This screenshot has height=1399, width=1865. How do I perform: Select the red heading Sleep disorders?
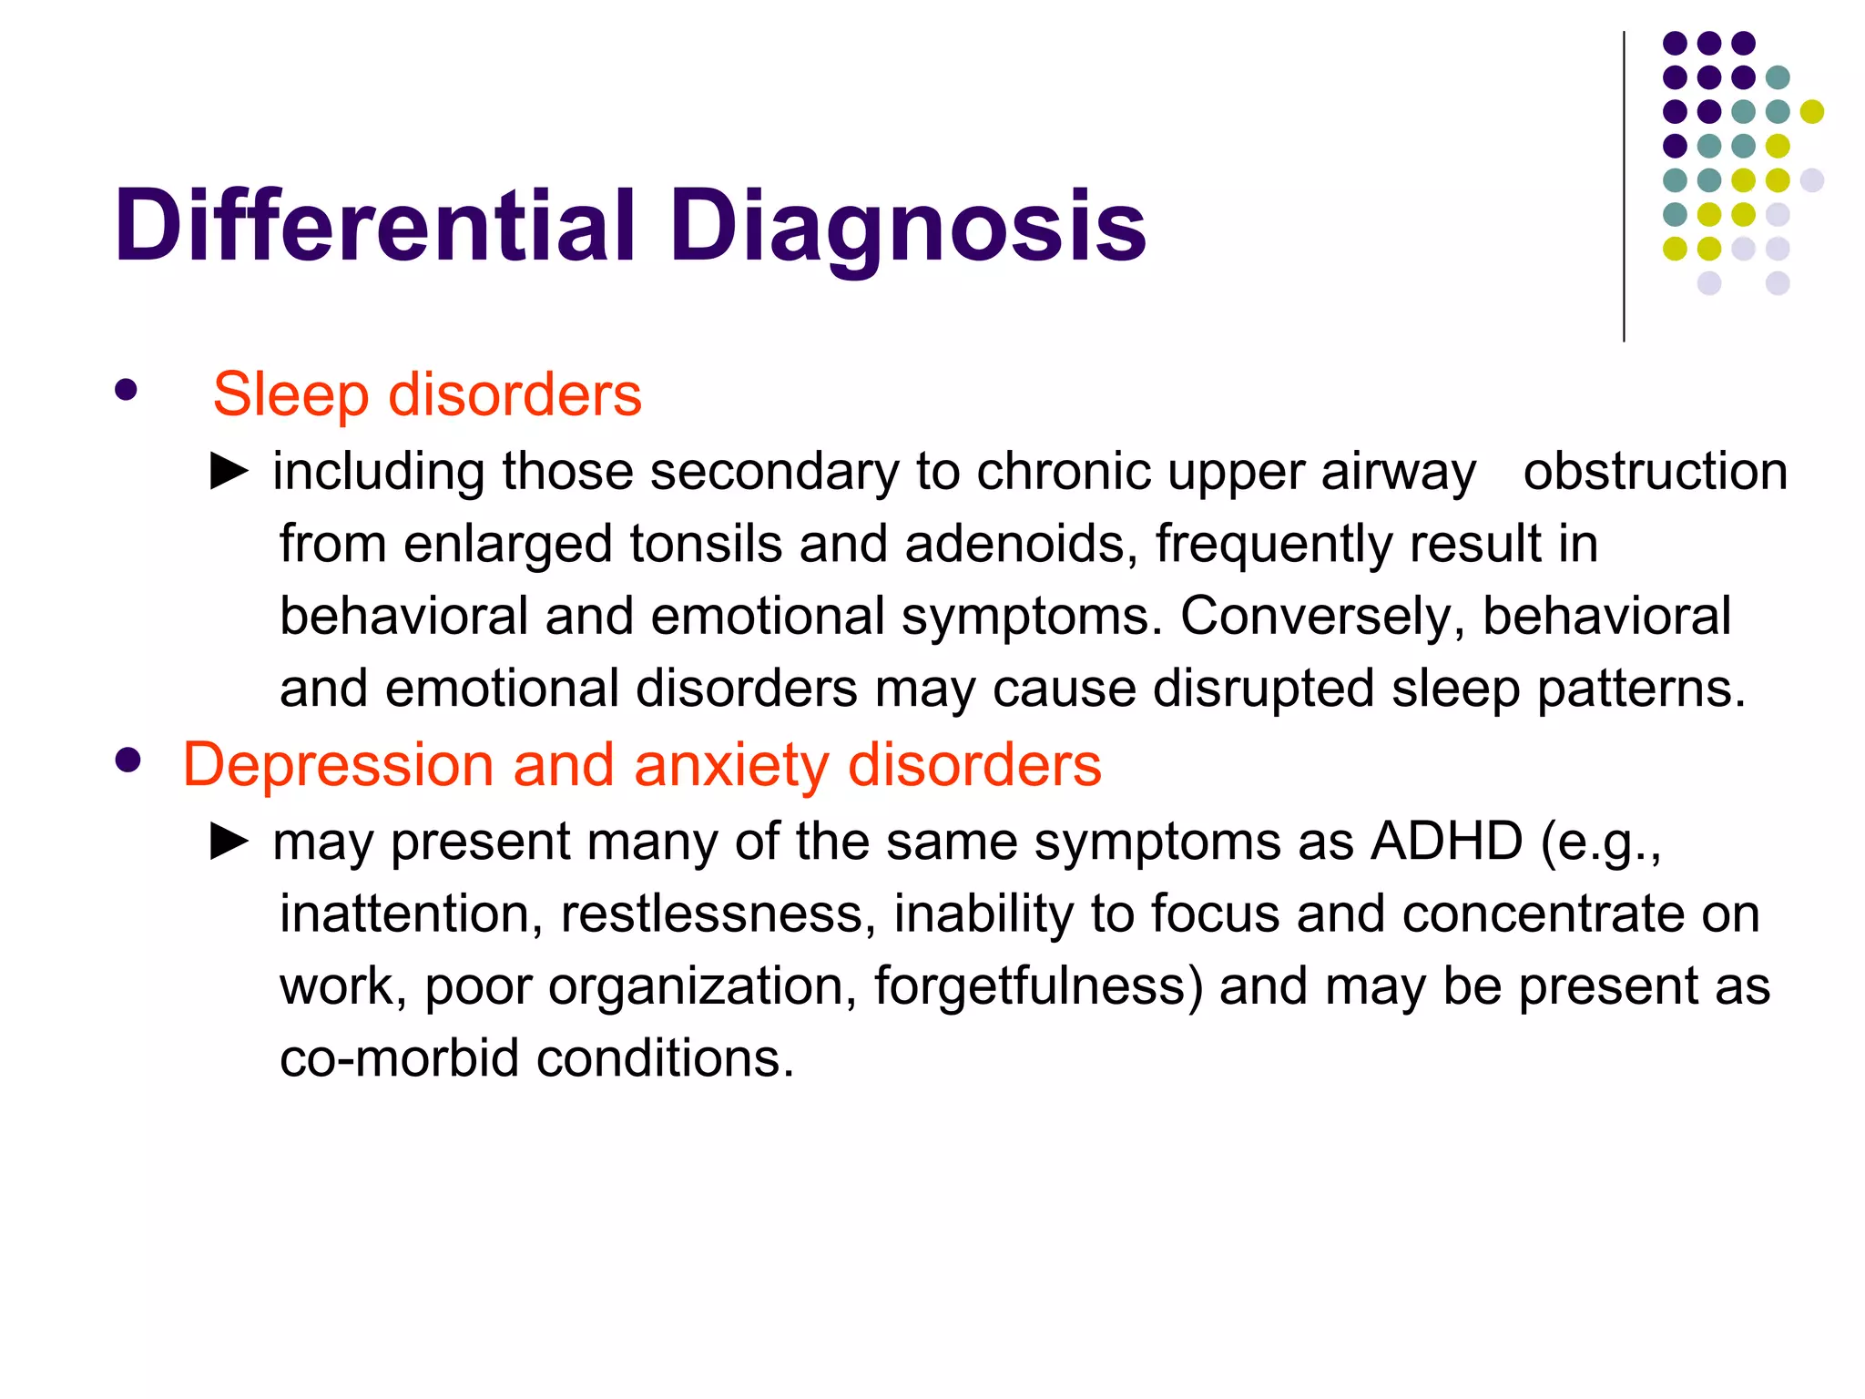(x=427, y=395)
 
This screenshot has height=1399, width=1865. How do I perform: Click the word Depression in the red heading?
(x=338, y=765)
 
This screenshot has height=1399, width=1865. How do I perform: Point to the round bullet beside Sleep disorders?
(x=127, y=392)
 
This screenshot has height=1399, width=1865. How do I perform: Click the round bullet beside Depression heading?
(x=128, y=761)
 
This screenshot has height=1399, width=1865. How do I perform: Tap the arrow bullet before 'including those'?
(x=229, y=471)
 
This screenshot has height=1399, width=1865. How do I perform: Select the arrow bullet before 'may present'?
(x=229, y=841)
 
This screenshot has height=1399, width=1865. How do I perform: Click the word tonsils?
(x=706, y=544)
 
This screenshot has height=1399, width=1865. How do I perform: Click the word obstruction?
(x=1655, y=472)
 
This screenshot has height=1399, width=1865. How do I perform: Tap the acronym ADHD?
(x=1446, y=841)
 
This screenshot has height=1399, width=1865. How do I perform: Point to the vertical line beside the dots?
(x=1624, y=187)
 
